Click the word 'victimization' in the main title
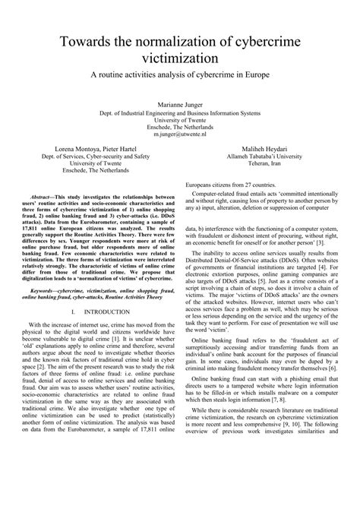[180, 58]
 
